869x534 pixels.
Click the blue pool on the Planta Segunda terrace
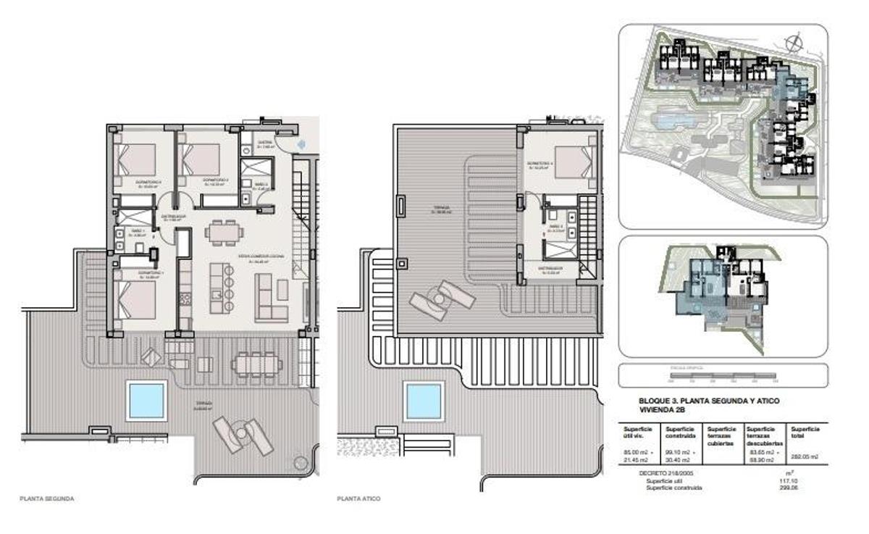click(146, 400)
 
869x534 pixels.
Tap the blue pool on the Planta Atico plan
click(424, 400)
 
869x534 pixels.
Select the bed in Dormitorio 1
click(137, 300)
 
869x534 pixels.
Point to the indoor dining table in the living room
click(224, 232)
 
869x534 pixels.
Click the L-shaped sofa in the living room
click(271, 298)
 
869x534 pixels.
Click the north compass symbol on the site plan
click(794, 41)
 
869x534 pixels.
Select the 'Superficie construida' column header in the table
click(681, 433)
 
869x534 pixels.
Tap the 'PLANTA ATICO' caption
click(358, 499)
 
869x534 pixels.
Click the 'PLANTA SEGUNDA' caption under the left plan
click(47, 499)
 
